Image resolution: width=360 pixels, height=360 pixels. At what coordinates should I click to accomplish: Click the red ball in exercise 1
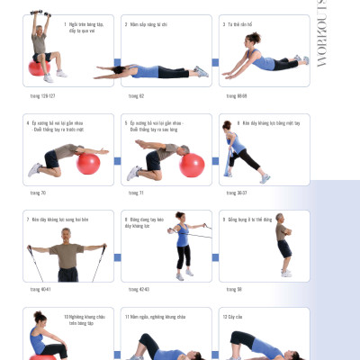pos(38,68)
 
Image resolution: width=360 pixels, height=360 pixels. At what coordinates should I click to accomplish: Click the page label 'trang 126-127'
pos(42,94)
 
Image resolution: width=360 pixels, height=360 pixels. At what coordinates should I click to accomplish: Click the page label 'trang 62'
pos(136,94)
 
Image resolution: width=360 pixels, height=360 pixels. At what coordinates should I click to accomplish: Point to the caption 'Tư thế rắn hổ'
pos(238,24)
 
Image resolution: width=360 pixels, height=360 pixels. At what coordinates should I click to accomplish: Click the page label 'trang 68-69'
pos(237,94)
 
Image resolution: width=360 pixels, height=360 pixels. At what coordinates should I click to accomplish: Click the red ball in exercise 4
pos(88,164)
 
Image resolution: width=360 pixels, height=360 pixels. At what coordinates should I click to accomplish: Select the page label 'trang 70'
pos(37,193)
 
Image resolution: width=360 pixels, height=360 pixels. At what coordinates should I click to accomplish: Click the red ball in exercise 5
pos(191,165)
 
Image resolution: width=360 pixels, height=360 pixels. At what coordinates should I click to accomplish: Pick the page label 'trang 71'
pos(135,193)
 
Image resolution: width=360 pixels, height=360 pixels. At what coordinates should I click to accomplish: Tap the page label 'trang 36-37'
pos(236,193)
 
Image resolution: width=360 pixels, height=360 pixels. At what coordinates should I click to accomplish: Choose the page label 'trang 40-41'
pos(40,289)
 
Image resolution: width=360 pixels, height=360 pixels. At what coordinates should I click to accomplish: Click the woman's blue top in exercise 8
pos(183,237)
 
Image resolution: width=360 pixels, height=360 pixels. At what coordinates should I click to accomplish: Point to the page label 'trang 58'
pos(233,289)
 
